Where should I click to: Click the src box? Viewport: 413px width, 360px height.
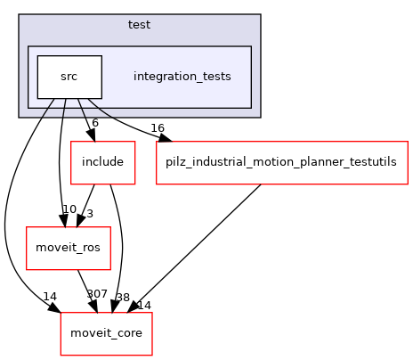coord(69,77)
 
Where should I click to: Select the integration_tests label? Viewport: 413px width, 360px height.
coord(182,77)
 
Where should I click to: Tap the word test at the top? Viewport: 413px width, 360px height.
coord(139,24)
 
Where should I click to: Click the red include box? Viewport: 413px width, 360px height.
coord(102,163)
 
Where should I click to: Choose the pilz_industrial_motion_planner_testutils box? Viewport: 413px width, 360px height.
coord(281,163)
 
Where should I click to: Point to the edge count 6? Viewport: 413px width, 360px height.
coord(94,122)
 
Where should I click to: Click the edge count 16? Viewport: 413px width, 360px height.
coord(157,128)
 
